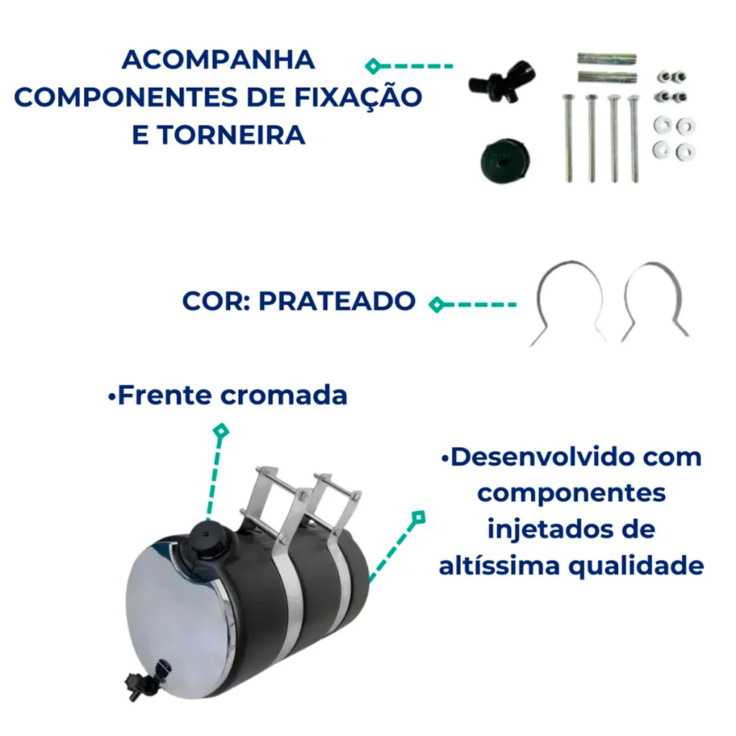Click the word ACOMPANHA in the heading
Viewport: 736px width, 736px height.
pos(218,60)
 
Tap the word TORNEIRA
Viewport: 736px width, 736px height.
pos(231,135)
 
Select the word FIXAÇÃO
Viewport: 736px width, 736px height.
pos(358,98)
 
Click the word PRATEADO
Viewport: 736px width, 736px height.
pos(337,301)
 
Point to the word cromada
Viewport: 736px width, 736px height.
pos(284,395)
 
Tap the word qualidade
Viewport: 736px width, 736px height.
pos(637,567)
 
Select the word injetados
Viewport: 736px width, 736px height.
pos(548,530)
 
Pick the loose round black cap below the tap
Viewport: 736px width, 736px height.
pos(505,160)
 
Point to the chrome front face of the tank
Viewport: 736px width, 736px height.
pos(178,620)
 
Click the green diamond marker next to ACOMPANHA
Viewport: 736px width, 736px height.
pos(373,66)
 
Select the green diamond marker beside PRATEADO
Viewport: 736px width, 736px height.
pos(437,305)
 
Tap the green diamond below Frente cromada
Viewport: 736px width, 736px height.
pos(221,431)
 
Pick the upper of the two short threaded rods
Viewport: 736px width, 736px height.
pos(607,59)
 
